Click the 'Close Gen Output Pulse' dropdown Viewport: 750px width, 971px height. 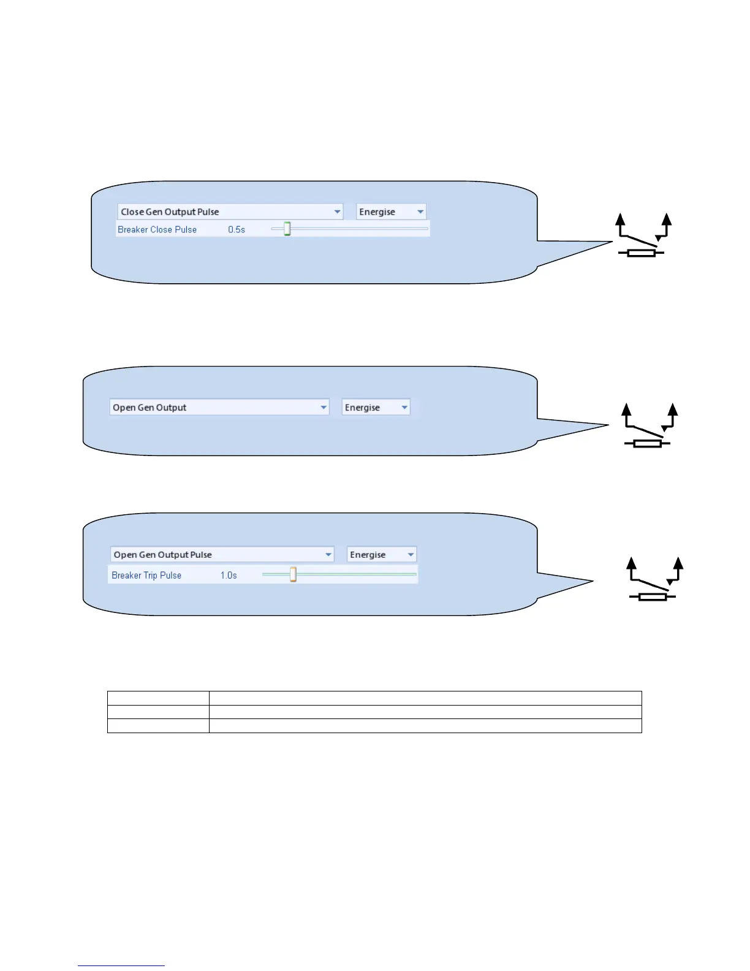[230, 211]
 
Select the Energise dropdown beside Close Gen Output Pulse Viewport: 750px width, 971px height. [391, 211]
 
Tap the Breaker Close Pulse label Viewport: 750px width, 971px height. [157, 229]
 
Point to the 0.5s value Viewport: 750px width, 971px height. [237, 229]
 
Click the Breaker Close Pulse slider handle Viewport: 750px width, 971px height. [287, 229]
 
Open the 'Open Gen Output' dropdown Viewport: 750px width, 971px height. [219, 407]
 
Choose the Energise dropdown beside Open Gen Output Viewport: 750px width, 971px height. [376, 407]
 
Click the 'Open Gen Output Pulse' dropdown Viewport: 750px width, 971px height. [222, 554]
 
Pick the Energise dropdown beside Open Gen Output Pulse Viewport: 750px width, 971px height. [381, 554]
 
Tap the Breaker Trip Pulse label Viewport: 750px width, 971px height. [146, 575]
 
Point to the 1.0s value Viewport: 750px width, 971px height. [229, 575]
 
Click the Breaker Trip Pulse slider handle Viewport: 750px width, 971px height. [293, 574]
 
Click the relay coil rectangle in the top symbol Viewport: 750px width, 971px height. [641, 253]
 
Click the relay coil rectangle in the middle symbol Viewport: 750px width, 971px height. [647, 443]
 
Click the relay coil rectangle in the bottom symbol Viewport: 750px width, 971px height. [652, 596]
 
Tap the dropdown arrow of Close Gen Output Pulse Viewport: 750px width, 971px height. [337, 211]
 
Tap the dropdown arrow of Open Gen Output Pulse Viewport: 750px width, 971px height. [328, 554]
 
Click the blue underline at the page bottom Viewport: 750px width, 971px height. [121, 965]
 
